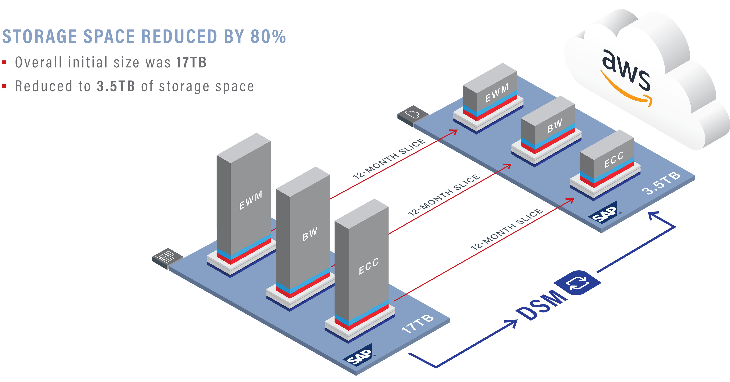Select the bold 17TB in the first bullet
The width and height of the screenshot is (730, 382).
pos(191,62)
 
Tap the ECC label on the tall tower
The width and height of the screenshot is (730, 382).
pos(368,266)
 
